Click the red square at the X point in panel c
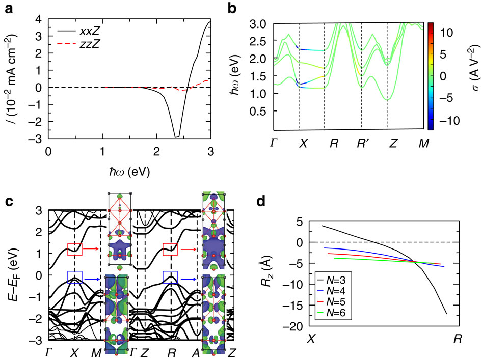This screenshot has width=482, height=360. (x=74, y=249)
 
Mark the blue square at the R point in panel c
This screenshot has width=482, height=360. (x=170, y=276)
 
